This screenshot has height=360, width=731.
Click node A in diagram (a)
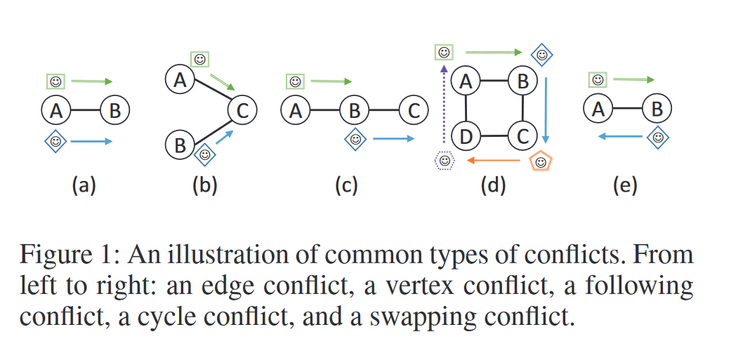pyautogui.click(x=56, y=110)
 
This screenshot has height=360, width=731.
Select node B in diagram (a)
pyautogui.click(x=115, y=110)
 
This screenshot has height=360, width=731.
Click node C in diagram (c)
pyautogui.click(x=414, y=110)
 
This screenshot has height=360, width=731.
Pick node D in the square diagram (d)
pyautogui.click(x=465, y=136)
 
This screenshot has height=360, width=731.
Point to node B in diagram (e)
pyautogui.click(x=657, y=109)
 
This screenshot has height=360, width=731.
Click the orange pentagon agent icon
pyautogui.click(x=541, y=162)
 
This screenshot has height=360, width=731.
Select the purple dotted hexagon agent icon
pyautogui.click(x=444, y=161)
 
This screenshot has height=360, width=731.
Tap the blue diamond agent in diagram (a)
pyautogui.click(x=56, y=141)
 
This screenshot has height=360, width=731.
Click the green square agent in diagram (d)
pyautogui.click(x=444, y=52)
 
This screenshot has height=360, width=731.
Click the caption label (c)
pyautogui.click(x=347, y=186)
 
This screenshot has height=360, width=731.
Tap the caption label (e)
pyautogui.click(x=625, y=186)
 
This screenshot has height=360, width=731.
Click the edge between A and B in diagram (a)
pyautogui.click(x=86, y=110)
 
